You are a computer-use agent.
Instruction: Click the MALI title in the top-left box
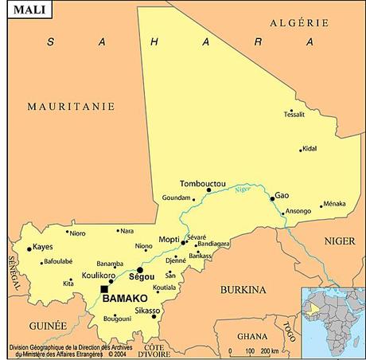[24, 12]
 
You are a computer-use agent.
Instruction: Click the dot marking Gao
[272, 198]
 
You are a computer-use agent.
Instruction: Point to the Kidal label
[310, 149]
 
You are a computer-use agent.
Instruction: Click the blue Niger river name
[243, 189]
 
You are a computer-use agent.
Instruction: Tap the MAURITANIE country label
[71, 106]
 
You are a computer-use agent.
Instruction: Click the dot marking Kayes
[29, 249]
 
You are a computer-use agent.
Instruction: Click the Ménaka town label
[335, 204]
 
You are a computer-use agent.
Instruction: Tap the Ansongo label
[298, 211]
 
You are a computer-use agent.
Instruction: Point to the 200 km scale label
[268, 350]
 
